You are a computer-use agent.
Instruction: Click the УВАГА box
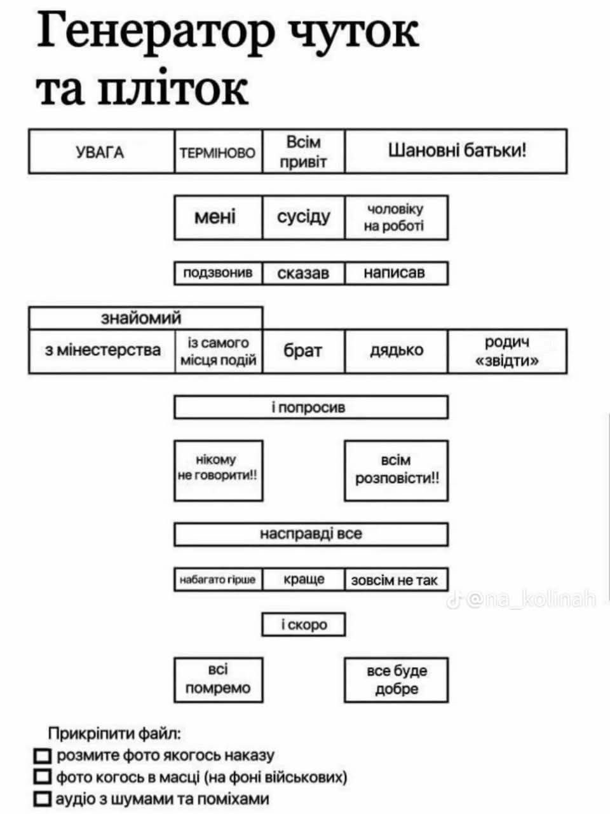tap(101, 151)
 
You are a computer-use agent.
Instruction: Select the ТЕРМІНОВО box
tap(218, 152)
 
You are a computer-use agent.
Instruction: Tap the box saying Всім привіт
tap(304, 151)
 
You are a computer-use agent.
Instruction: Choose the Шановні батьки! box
tap(456, 151)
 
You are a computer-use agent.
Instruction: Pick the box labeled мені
tap(218, 217)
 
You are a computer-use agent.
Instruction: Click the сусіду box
tap(304, 217)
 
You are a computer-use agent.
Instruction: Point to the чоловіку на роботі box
tap(396, 217)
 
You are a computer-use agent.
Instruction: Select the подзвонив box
tap(218, 273)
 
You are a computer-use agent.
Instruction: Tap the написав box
tap(396, 273)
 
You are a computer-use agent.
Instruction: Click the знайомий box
tap(145, 317)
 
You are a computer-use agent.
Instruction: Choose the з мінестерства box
tap(101, 350)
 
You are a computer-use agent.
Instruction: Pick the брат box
tap(304, 350)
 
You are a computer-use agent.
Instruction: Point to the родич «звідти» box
tap(507, 350)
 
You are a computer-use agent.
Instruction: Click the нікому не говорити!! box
tap(218, 470)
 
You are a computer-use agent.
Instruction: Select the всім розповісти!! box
tap(396, 470)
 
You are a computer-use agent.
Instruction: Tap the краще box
tap(304, 579)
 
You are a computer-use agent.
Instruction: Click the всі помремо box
tap(218, 680)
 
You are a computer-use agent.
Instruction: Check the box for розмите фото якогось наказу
tap(43, 755)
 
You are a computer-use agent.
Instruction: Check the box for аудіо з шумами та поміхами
tap(43, 799)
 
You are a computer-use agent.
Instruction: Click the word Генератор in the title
tap(156, 32)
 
